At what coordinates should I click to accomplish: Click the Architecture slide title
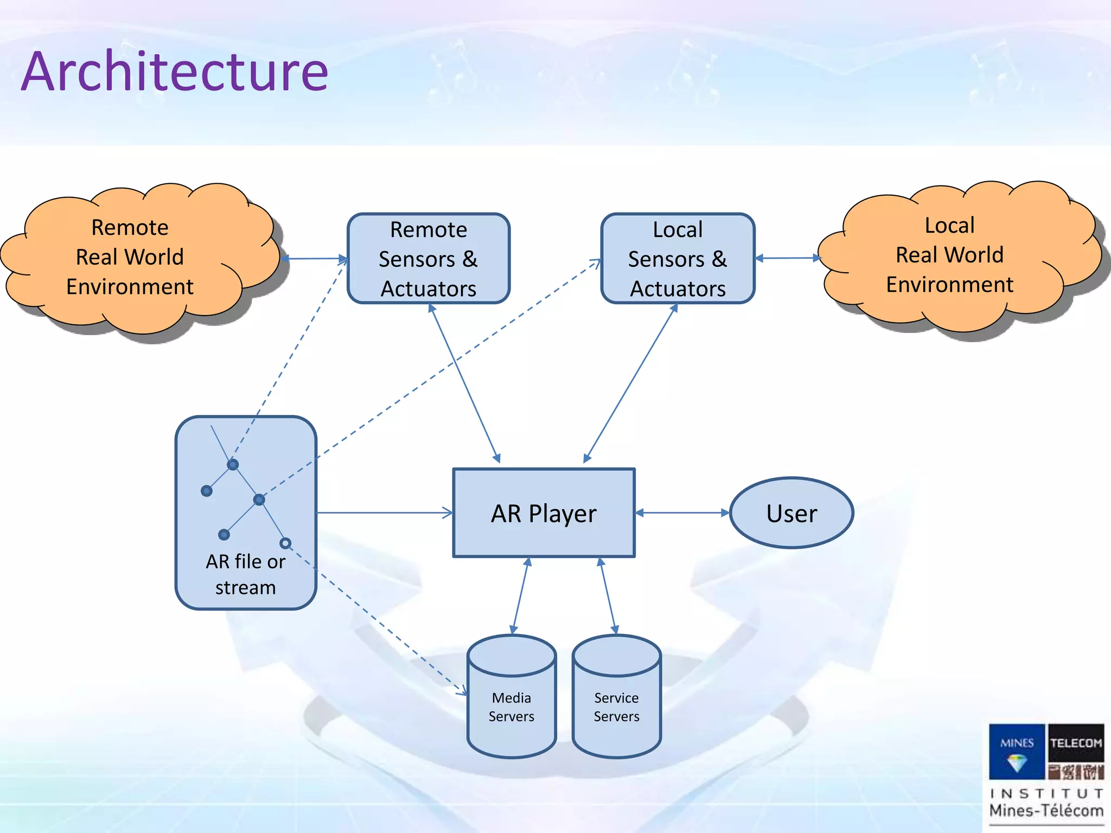click(175, 72)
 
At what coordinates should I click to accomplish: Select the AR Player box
click(544, 513)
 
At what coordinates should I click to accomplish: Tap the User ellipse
click(791, 513)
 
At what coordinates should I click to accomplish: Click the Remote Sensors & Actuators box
click(428, 259)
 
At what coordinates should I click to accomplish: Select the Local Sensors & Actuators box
click(678, 259)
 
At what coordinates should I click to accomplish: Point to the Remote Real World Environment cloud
click(130, 257)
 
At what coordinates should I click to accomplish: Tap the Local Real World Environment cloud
click(949, 255)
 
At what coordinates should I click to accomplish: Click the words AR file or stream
click(245, 574)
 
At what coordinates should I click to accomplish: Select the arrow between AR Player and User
click(682, 512)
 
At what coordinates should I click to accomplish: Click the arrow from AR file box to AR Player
click(384, 512)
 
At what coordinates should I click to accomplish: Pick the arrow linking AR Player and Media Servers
click(520, 596)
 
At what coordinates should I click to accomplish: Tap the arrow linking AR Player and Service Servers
click(608, 596)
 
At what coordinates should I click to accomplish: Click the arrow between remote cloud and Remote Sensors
click(315, 259)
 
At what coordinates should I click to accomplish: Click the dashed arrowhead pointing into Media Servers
click(462, 691)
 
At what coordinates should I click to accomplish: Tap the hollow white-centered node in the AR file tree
click(285, 543)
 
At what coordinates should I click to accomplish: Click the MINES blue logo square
click(1017, 751)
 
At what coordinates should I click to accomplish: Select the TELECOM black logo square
click(1076, 743)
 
